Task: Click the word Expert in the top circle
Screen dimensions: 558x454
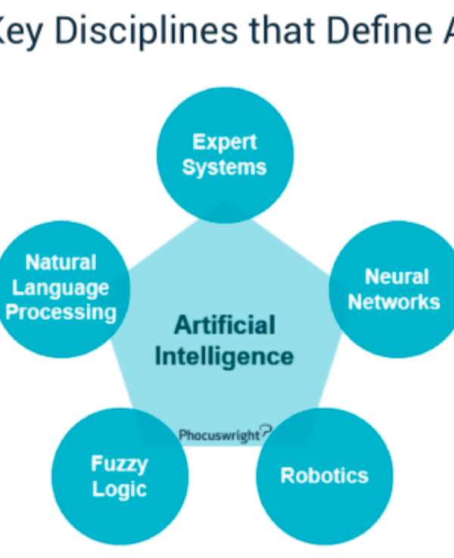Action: pyautogui.click(x=224, y=142)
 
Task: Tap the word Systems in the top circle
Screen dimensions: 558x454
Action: pyautogui.click(x=224, y=167)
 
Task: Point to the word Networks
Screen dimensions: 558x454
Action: pyautogui.click(x=393, y=302)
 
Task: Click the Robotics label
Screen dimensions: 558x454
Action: pyautogui.click(x=324, y=476)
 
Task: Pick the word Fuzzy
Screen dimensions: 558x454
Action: pyautogui.click(x=120, y=463)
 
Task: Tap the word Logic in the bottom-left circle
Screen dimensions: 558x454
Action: pyautogui.click(x=119, y=488)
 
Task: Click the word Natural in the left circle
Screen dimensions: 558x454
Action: pyautogui.click(x=61, y=262)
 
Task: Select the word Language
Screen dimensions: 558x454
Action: pyautogui.click(x=61, y=287)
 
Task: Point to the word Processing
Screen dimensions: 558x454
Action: pyautogui.click(x=61, y=312)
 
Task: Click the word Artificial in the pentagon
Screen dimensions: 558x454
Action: pyautogui.click(x=225, y=325)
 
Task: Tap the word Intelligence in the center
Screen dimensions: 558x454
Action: pyautogui.click(x=224, y=355)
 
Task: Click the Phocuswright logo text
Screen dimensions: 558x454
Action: pyautogui.click(x=219, y=435)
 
